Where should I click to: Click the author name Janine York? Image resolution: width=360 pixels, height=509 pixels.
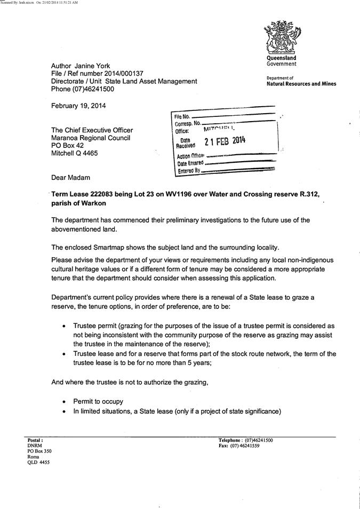click(92, 66)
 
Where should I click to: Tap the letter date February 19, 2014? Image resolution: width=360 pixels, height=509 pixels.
click(78, 106)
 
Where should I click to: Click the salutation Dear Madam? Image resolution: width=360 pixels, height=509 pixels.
click(71, 177)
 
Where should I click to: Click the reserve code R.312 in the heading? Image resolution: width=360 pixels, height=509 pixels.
click(306, 195)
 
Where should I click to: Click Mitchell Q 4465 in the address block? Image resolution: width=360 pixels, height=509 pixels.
click(75, 154)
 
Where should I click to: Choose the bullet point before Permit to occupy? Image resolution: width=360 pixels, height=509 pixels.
click(65, 401)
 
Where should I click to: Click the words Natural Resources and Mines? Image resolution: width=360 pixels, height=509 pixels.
click(301, 84)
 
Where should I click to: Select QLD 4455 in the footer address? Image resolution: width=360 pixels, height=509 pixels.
click(38, 463)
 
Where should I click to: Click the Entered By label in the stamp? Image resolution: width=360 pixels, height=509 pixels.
click(189, 170)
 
